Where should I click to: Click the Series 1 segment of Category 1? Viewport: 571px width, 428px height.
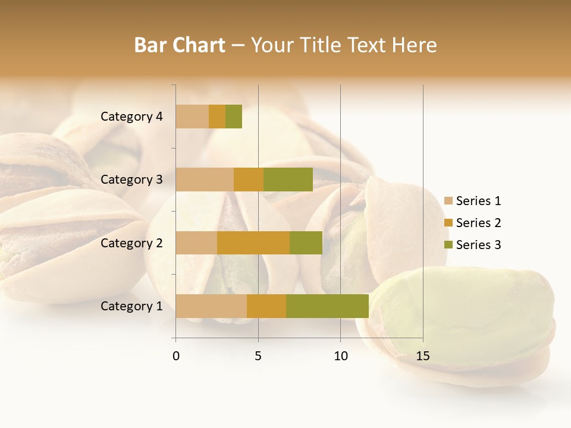click(x=211, y=306)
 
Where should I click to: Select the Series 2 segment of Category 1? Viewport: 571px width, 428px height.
click(x=266, y=306)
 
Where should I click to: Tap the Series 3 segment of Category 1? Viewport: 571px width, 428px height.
click(x=327, y=306)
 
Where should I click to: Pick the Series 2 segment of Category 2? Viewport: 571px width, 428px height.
click(x=253, y=243)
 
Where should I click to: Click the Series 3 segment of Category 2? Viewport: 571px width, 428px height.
click(x=306, y=243)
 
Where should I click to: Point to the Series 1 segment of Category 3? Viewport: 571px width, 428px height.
click(x=205, y=180)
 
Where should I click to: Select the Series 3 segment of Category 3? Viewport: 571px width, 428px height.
click(x=288, y=180)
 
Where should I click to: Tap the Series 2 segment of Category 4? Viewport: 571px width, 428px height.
click(x=217, y=117)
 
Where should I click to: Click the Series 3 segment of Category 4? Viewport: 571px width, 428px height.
click(x=234, y=117)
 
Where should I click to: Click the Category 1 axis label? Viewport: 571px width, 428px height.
click(x=131, y=306)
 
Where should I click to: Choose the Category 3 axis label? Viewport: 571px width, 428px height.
click(x=131, y=180)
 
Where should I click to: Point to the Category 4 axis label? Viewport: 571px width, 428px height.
click(x=131, y=117)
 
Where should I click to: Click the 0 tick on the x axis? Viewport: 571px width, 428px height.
click(x=176, y=356)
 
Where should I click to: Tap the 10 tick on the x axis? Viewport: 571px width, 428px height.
click(x=340, y=356)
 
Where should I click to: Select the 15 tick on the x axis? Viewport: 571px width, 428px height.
click(x=422, y=356)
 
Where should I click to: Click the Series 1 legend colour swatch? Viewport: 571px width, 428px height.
click(x=448, y=201)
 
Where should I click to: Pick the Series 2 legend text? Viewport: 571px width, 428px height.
click(x=478, y=223)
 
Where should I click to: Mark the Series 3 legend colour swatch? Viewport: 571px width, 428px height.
click(x=448, y=245)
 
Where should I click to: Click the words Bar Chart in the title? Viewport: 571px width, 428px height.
click(x=180, y=45)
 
